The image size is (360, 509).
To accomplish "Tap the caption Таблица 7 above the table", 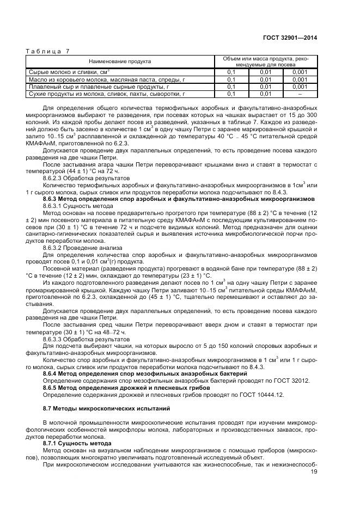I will [x=48, y=51].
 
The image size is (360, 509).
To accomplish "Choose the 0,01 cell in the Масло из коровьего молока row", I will [x=265, y=79].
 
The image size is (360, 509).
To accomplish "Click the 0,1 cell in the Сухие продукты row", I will [x=231, y=94].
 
